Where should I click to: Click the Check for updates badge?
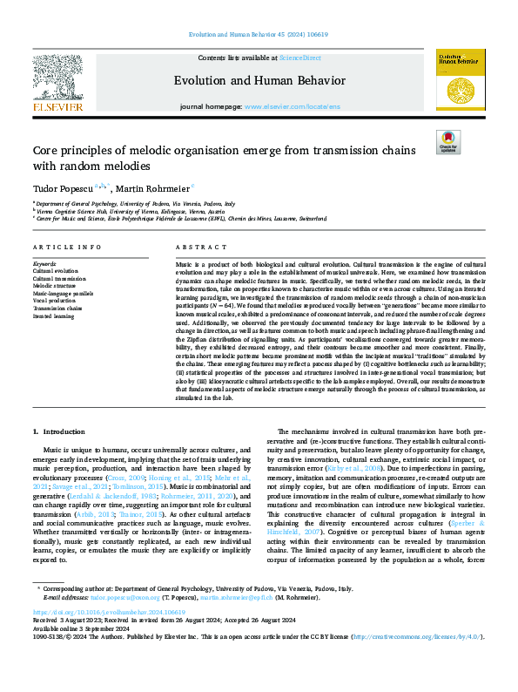click(448, 141)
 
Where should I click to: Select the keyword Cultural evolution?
click(54, 271)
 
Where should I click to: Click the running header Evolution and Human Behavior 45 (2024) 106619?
click(258, 36)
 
